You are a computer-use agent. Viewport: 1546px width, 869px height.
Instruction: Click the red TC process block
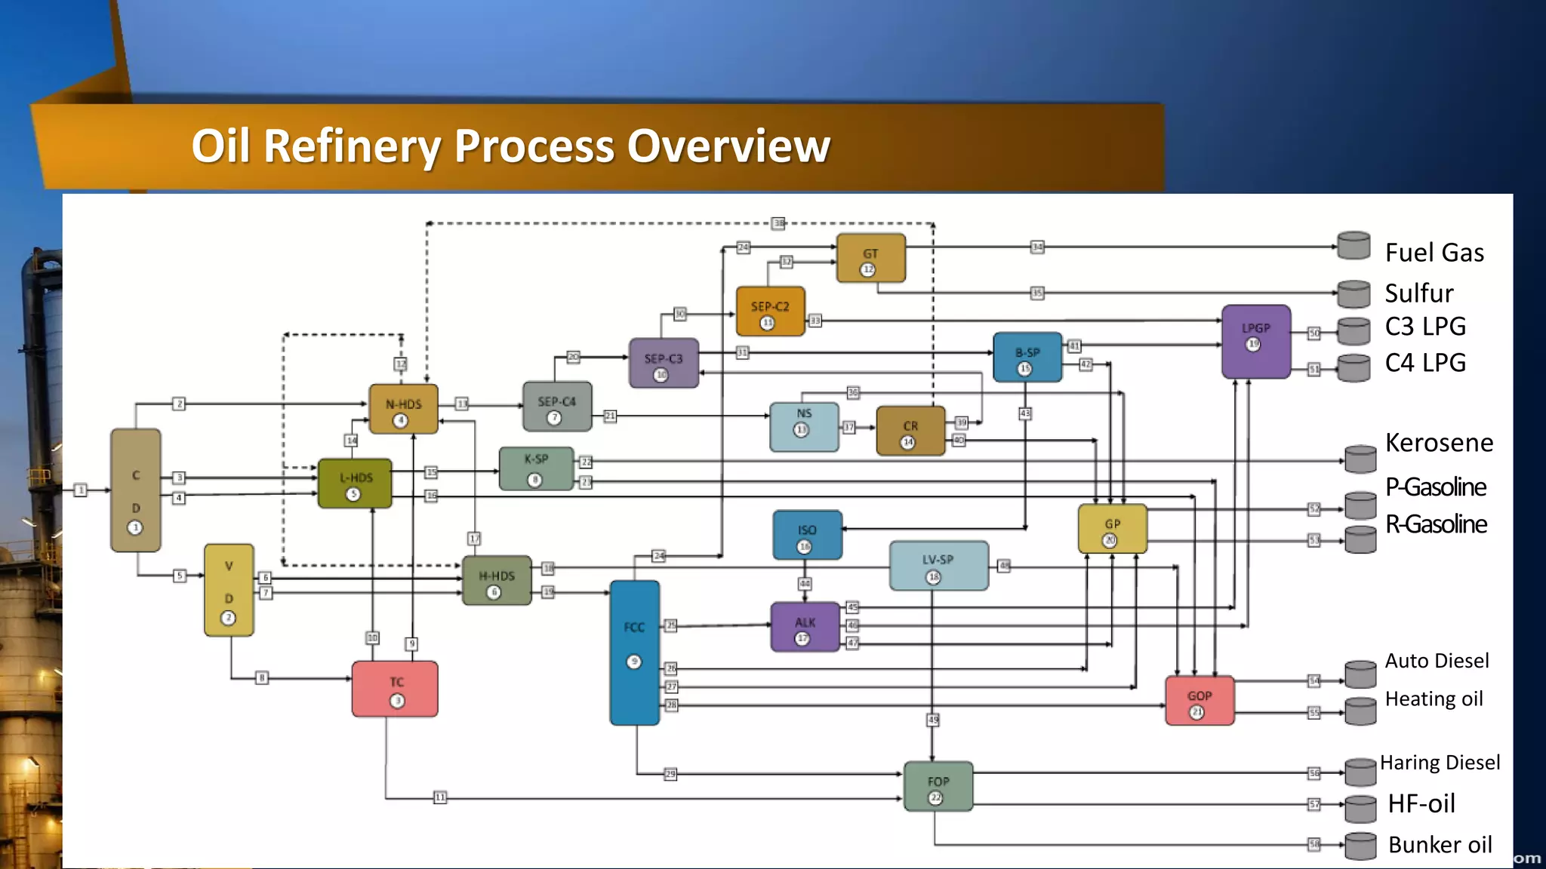(x=395, y=689)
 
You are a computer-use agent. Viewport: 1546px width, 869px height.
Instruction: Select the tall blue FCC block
(x=634, y=653)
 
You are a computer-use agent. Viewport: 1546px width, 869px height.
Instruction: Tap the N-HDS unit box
(x=403, y=409)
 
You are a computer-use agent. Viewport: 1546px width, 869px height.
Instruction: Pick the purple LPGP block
(x=1255, y=341)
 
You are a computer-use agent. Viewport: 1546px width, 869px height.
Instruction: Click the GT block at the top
(x=870, y=258)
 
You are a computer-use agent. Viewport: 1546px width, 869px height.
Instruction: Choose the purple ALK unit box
(x=805, y=627)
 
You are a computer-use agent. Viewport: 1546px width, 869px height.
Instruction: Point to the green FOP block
(x=938, y=787)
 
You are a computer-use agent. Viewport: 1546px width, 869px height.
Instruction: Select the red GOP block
(x=1199, y=701)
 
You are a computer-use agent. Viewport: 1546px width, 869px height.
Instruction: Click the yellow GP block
(x=1112, y=529)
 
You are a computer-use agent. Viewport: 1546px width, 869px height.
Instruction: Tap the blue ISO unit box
(x=807, y=535)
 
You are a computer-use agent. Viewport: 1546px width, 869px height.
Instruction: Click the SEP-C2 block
(x=770, y=311)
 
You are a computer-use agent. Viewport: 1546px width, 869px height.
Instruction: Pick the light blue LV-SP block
(x=938, y=565)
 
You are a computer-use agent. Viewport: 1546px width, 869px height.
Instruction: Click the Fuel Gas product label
(x=1434, y=253)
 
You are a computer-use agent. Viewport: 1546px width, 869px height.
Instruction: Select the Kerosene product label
(x=1439, y=443)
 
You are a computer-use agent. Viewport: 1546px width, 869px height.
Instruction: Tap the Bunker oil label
(x=1440, y=845)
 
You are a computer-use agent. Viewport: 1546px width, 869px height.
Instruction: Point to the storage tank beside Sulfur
(x=1354, y=294)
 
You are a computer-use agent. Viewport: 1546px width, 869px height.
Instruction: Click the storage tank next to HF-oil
(x=1360, y=808)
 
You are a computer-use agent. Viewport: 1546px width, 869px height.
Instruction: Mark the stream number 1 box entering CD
(x=81, y=490)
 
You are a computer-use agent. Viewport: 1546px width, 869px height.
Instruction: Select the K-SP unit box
(x=536, y=468)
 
